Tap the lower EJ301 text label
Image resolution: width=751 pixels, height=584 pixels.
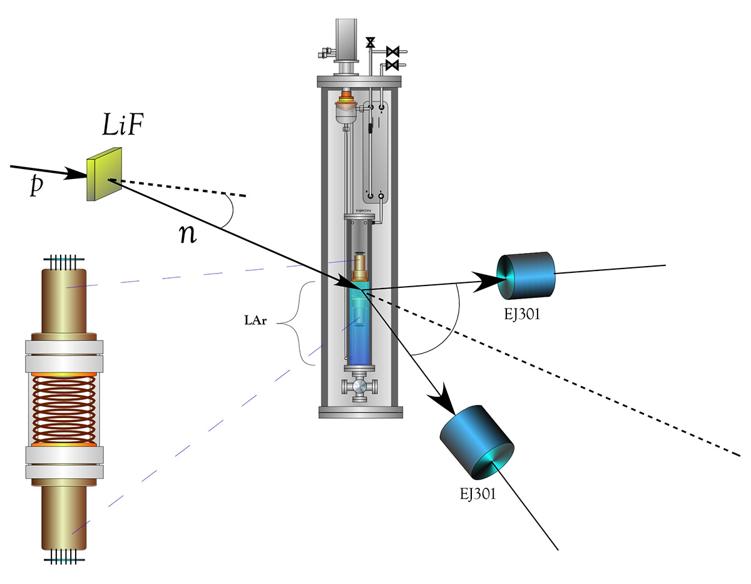(x=476, y=494)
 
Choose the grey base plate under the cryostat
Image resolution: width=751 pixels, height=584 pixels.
(x=359, y=412)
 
